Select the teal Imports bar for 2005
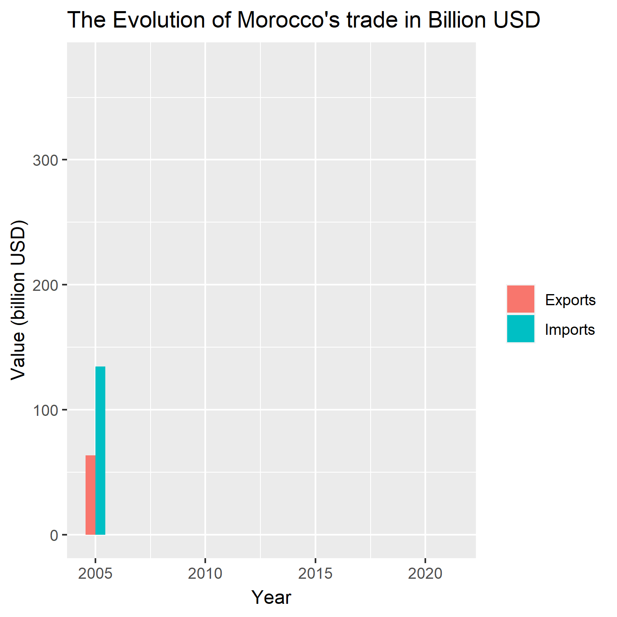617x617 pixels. tap(100, 450)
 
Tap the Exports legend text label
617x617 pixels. tap(570, 300)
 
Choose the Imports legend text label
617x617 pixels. tap(570, 329)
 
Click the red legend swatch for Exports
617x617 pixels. tap(520, 299)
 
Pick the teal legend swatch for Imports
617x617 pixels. tap(520, 329)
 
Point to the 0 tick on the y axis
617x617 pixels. tap(54, 535)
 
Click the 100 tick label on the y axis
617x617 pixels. tap(45, 410)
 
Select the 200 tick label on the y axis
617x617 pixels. tap(45, 285)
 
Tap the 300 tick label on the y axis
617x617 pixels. tap(45, 160)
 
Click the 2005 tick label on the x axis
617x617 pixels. tap(95, 573)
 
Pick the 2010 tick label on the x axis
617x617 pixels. tap(205, 573)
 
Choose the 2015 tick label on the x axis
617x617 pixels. tap(315, 573)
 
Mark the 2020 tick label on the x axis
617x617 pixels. tap(425, 573)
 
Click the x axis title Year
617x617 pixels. tap(271, 597)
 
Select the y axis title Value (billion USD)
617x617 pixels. tap(18, 300)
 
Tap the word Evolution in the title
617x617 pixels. tap(159, 20)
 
